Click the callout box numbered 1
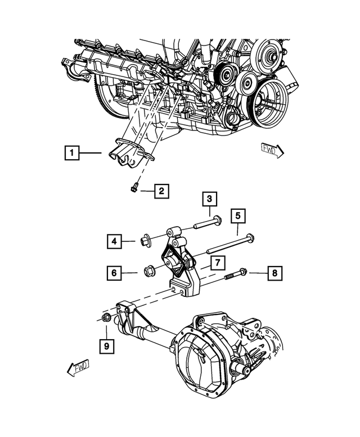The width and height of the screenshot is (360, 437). [72, 153]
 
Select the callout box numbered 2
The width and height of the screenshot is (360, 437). [161, 191]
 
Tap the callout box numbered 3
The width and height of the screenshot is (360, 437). [210, 199]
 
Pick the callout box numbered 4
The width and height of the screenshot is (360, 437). [114, 241]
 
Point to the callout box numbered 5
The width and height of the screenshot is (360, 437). [238, 215]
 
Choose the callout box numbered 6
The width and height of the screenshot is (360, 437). [114, 273]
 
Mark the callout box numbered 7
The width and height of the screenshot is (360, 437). [218, 262]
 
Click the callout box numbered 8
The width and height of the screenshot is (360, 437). [274, 273]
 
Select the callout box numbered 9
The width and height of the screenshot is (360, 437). [107, 346]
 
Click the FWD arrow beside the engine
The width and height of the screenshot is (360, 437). [272, 150]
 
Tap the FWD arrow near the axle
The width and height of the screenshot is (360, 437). [78, 368]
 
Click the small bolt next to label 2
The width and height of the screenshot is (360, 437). [134, 188]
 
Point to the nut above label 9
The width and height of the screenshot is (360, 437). [106, 317]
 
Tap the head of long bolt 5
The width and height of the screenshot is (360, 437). [251, 237]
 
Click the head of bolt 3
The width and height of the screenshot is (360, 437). [217, 220]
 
